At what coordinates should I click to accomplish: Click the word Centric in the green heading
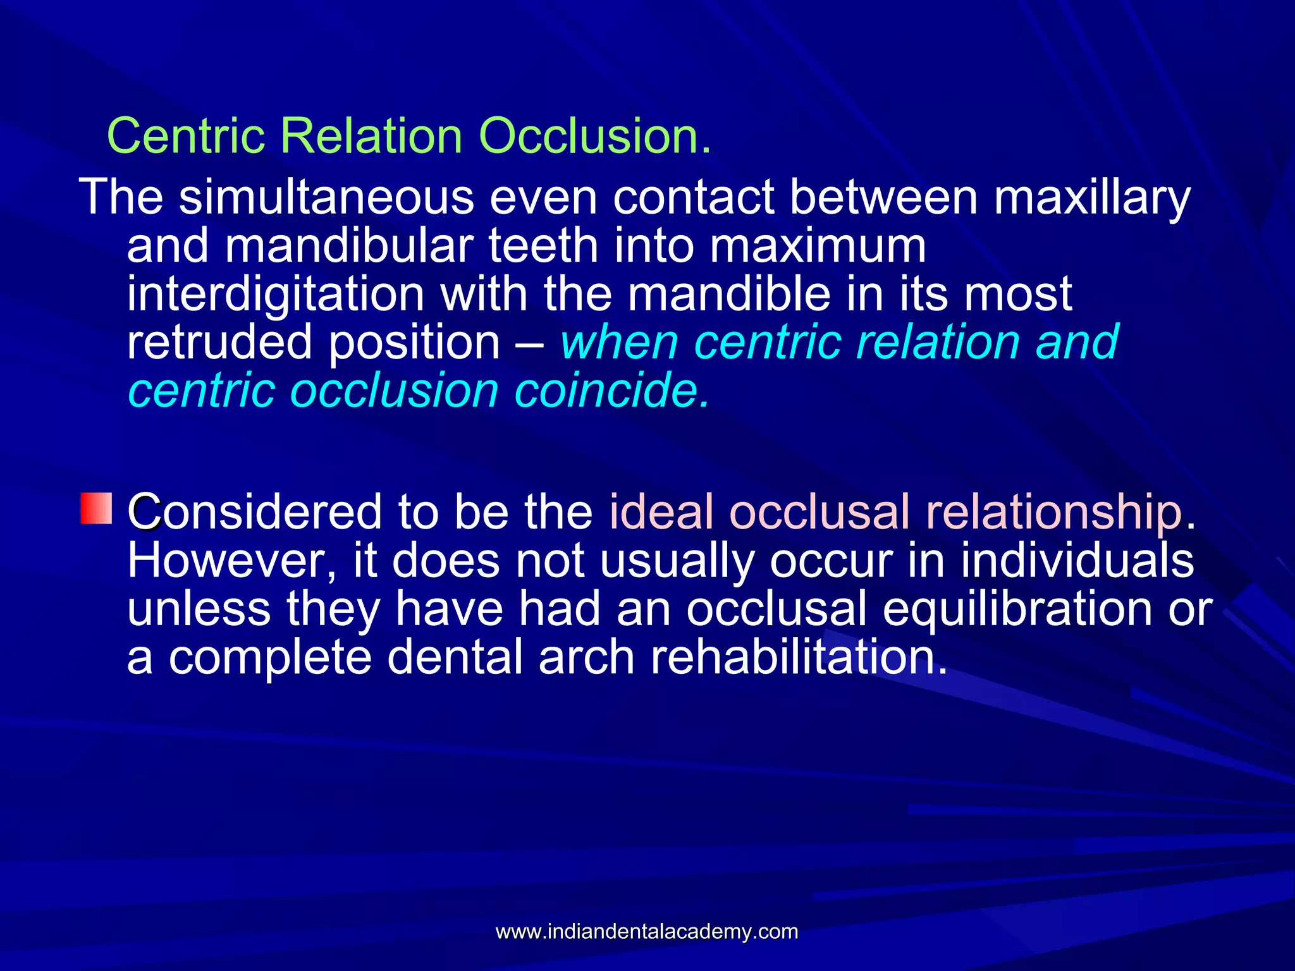coord(187,136)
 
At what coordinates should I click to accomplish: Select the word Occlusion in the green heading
coord(588,136)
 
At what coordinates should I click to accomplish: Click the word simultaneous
coord(326,197)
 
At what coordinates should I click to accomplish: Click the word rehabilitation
coord(799,658)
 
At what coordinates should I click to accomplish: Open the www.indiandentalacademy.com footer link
coord(647,931)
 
